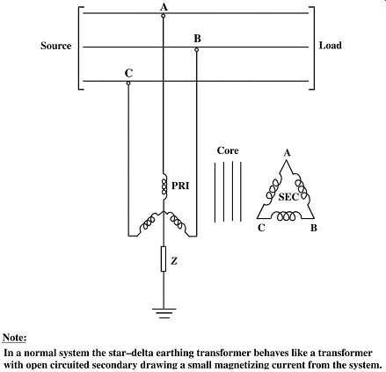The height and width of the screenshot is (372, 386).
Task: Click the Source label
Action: coord(56,46)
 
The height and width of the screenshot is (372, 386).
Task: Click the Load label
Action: coord(330,46)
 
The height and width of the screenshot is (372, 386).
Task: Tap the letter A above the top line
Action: coord(164,6)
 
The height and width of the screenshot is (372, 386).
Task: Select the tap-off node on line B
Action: coord(197,50)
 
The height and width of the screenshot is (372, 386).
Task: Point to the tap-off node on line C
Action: coord(128,84)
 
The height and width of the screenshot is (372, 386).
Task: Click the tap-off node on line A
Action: coord(164,16)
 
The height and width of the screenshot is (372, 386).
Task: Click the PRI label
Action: coord(180,186)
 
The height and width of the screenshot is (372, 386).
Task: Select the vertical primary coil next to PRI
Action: coord(164,186)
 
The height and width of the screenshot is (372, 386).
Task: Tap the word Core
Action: coord(228,150)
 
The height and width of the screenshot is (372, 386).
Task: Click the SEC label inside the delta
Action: coord(288,197)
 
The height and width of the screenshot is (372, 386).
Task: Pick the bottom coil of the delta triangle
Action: coord(286,216)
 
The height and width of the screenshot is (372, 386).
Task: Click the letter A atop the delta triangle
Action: coord(287,153)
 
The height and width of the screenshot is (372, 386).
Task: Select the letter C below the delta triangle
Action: coord(261,228)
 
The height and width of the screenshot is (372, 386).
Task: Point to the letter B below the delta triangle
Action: coord(314,228)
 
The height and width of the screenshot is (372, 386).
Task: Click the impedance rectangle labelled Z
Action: coord(164,259)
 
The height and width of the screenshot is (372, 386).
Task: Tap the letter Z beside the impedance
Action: coord(174,260)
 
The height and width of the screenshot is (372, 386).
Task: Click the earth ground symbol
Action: coord(164,313)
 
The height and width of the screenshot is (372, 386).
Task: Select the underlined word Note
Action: coord(15,338)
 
